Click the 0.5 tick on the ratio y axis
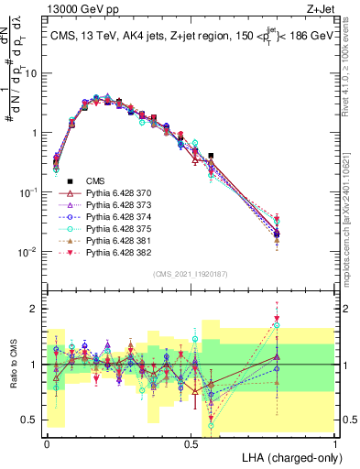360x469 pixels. [x=30, y=420]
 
